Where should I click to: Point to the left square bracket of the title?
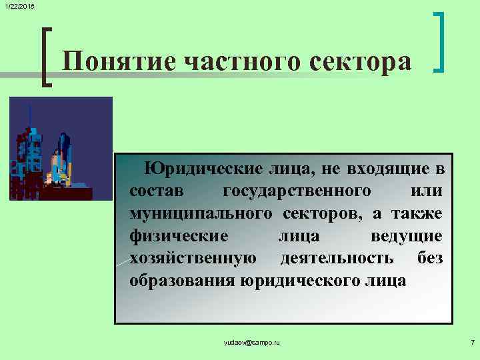[x=46, y=56]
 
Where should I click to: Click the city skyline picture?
[x=61, y=148]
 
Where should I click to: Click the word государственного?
[x=297, y=191]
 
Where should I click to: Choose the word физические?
[x=179, y=236]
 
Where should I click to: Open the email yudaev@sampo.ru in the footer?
[x=252, y=342]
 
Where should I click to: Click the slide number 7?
[x=471, y=342]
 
